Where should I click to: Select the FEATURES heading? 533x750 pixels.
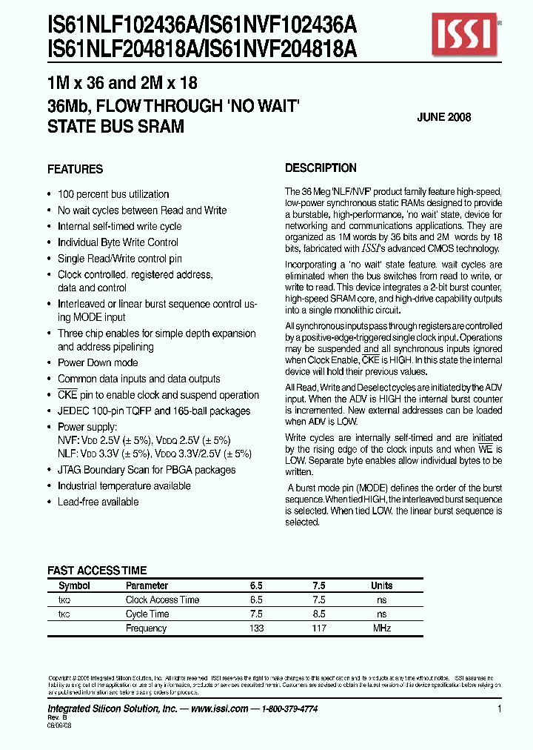(75, 169)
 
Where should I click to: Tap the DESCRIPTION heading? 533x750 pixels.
(321, 168)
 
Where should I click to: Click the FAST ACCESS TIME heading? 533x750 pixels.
(97, 571)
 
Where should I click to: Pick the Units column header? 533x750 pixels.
(381, 585)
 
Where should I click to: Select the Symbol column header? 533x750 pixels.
(74, 585)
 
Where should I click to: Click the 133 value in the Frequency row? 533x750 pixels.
(256, 628)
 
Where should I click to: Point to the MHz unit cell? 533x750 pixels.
(381, 628)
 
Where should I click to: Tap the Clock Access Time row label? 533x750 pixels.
(162, 600)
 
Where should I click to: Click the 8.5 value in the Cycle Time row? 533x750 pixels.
(319, 614)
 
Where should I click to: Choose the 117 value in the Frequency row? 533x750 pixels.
(319, 628)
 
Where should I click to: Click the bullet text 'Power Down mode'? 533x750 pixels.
(98, 362)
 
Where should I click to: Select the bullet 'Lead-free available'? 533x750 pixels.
(98, 502)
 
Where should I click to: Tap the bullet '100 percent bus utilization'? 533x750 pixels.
(113, 194)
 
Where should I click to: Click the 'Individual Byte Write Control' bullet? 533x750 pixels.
(118, 242)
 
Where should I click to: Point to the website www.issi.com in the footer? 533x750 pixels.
(218, 709)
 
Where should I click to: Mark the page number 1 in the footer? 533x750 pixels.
(500, 709)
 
